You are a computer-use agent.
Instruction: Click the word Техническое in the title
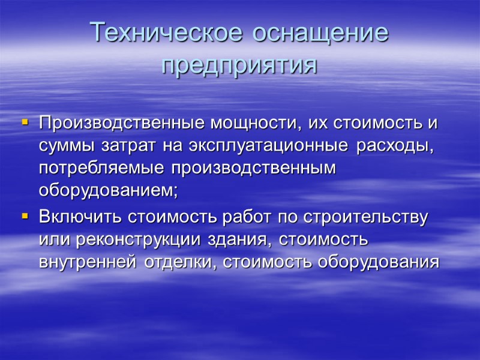(166, 32)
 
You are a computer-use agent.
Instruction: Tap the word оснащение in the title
(320, 32)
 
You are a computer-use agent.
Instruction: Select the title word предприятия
(239, 65)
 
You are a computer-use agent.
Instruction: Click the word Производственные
(115, 124)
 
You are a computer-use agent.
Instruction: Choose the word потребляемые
(102, 169)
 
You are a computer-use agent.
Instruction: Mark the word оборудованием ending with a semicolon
(109, 190)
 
